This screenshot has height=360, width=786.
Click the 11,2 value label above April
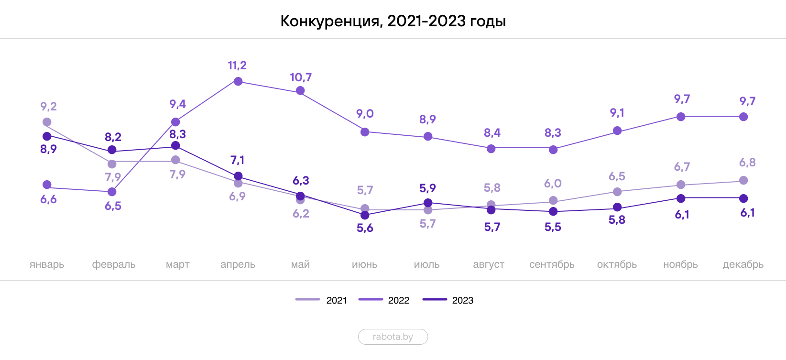click(238, 65)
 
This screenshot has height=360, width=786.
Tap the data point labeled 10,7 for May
click(300, 91)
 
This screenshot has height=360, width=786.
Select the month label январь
click(47, 264)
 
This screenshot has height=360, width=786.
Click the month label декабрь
click(742, 264)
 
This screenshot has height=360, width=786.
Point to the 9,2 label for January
click(49, 107)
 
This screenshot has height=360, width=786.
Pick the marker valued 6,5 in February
click(112, 192)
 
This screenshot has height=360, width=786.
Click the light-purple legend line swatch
click(307, 299)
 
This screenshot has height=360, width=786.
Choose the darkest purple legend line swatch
click(434, 299)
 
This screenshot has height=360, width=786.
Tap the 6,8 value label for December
click(747, 163)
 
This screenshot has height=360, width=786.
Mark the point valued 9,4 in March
click(175, 122)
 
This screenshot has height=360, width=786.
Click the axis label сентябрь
click(552, 264)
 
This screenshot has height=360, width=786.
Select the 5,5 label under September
click(553, 227)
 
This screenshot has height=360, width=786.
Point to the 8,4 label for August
click(491, 132)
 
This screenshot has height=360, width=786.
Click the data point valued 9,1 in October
click(617, 131)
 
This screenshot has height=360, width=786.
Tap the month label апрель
click(238, 264)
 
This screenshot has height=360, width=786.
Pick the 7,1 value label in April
click(237, 160)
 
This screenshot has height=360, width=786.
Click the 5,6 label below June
click(364, 228)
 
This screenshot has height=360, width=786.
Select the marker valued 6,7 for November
click(681, 185)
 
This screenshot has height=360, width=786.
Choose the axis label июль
click(426, 264)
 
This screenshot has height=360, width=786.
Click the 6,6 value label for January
click(48, 199)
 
